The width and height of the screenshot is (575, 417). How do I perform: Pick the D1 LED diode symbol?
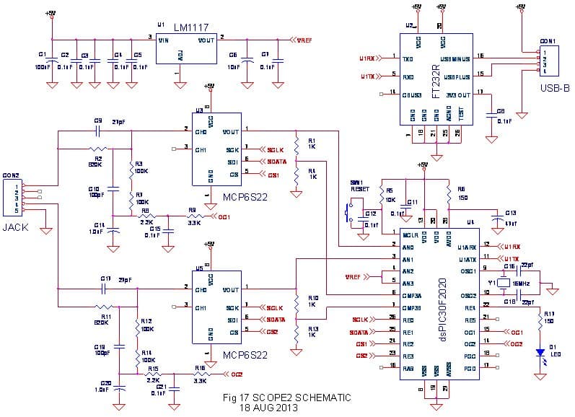coord(539,353)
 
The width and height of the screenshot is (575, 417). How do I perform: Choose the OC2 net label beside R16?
coord(237,374)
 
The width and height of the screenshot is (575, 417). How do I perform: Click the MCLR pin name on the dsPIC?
coord(410,235)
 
